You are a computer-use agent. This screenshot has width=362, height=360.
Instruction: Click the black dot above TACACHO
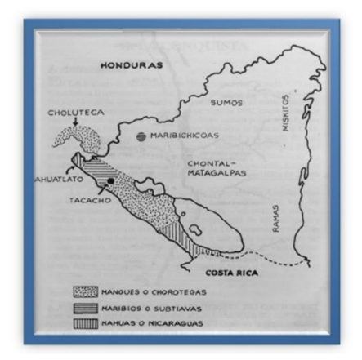(x=108, y=178)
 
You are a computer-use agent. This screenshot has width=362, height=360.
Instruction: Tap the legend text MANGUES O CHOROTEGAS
(x=153, y=291)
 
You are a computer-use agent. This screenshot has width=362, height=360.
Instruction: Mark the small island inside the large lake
(x=185, y=216)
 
